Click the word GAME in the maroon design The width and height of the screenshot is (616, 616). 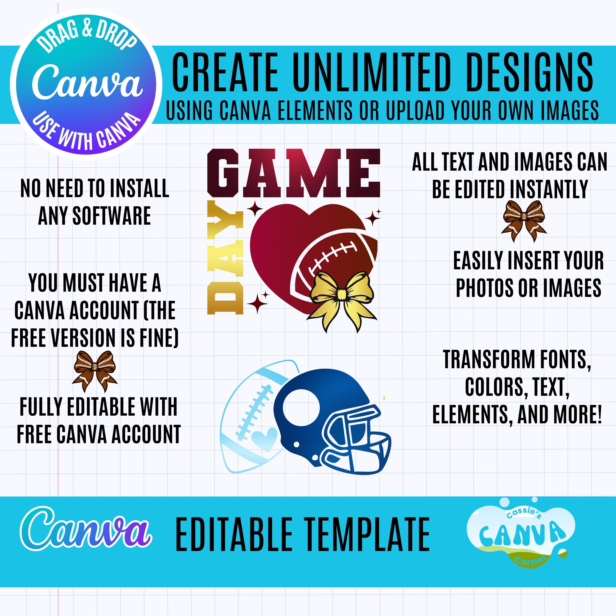[294, 173]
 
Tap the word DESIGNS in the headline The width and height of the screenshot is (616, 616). [529, 73]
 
